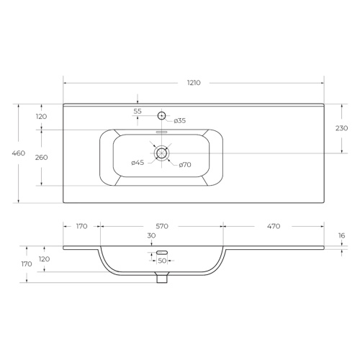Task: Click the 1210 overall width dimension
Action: pos(194,83)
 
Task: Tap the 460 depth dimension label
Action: pos(19,153)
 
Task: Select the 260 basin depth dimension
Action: pos(41,158)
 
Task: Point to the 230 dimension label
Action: pos(341,128)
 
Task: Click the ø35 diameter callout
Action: pos(180,120)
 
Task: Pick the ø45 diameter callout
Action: pos(138,163)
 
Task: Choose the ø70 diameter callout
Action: pos(185,165)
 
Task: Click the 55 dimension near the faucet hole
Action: pos(138,112)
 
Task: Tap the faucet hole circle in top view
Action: pos(162,116)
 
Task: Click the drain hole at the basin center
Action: pos(162,153)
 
